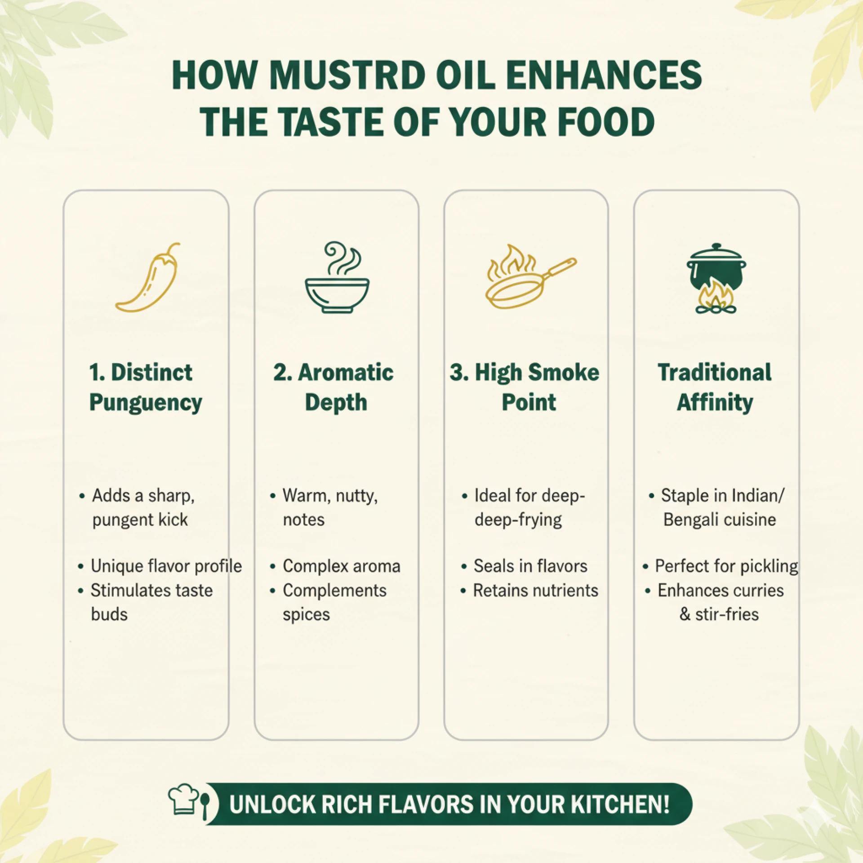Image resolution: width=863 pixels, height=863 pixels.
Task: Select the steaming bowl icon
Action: (x=337, y=277)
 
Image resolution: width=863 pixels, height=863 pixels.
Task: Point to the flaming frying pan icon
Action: (x=530, y=276)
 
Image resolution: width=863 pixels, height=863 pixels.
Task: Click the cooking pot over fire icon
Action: (x=716, y=279)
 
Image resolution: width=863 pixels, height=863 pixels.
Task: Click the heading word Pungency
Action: (x=146, y=403)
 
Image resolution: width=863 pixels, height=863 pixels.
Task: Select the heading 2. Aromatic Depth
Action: (x=334, y=387)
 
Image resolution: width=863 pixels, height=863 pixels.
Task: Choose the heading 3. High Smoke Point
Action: (x=525, y=387)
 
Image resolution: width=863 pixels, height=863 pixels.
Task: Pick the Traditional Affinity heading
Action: (x=715, y=387)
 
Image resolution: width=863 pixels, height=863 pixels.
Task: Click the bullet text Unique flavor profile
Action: (x=166, y=566)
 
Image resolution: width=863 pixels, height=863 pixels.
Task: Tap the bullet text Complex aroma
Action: (x=342, y=566)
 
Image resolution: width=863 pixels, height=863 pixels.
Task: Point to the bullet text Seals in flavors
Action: (x=530, y=566)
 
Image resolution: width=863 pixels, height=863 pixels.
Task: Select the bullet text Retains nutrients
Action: (x=536, y=590)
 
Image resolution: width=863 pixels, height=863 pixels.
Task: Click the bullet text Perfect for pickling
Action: (x=726, y=566)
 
